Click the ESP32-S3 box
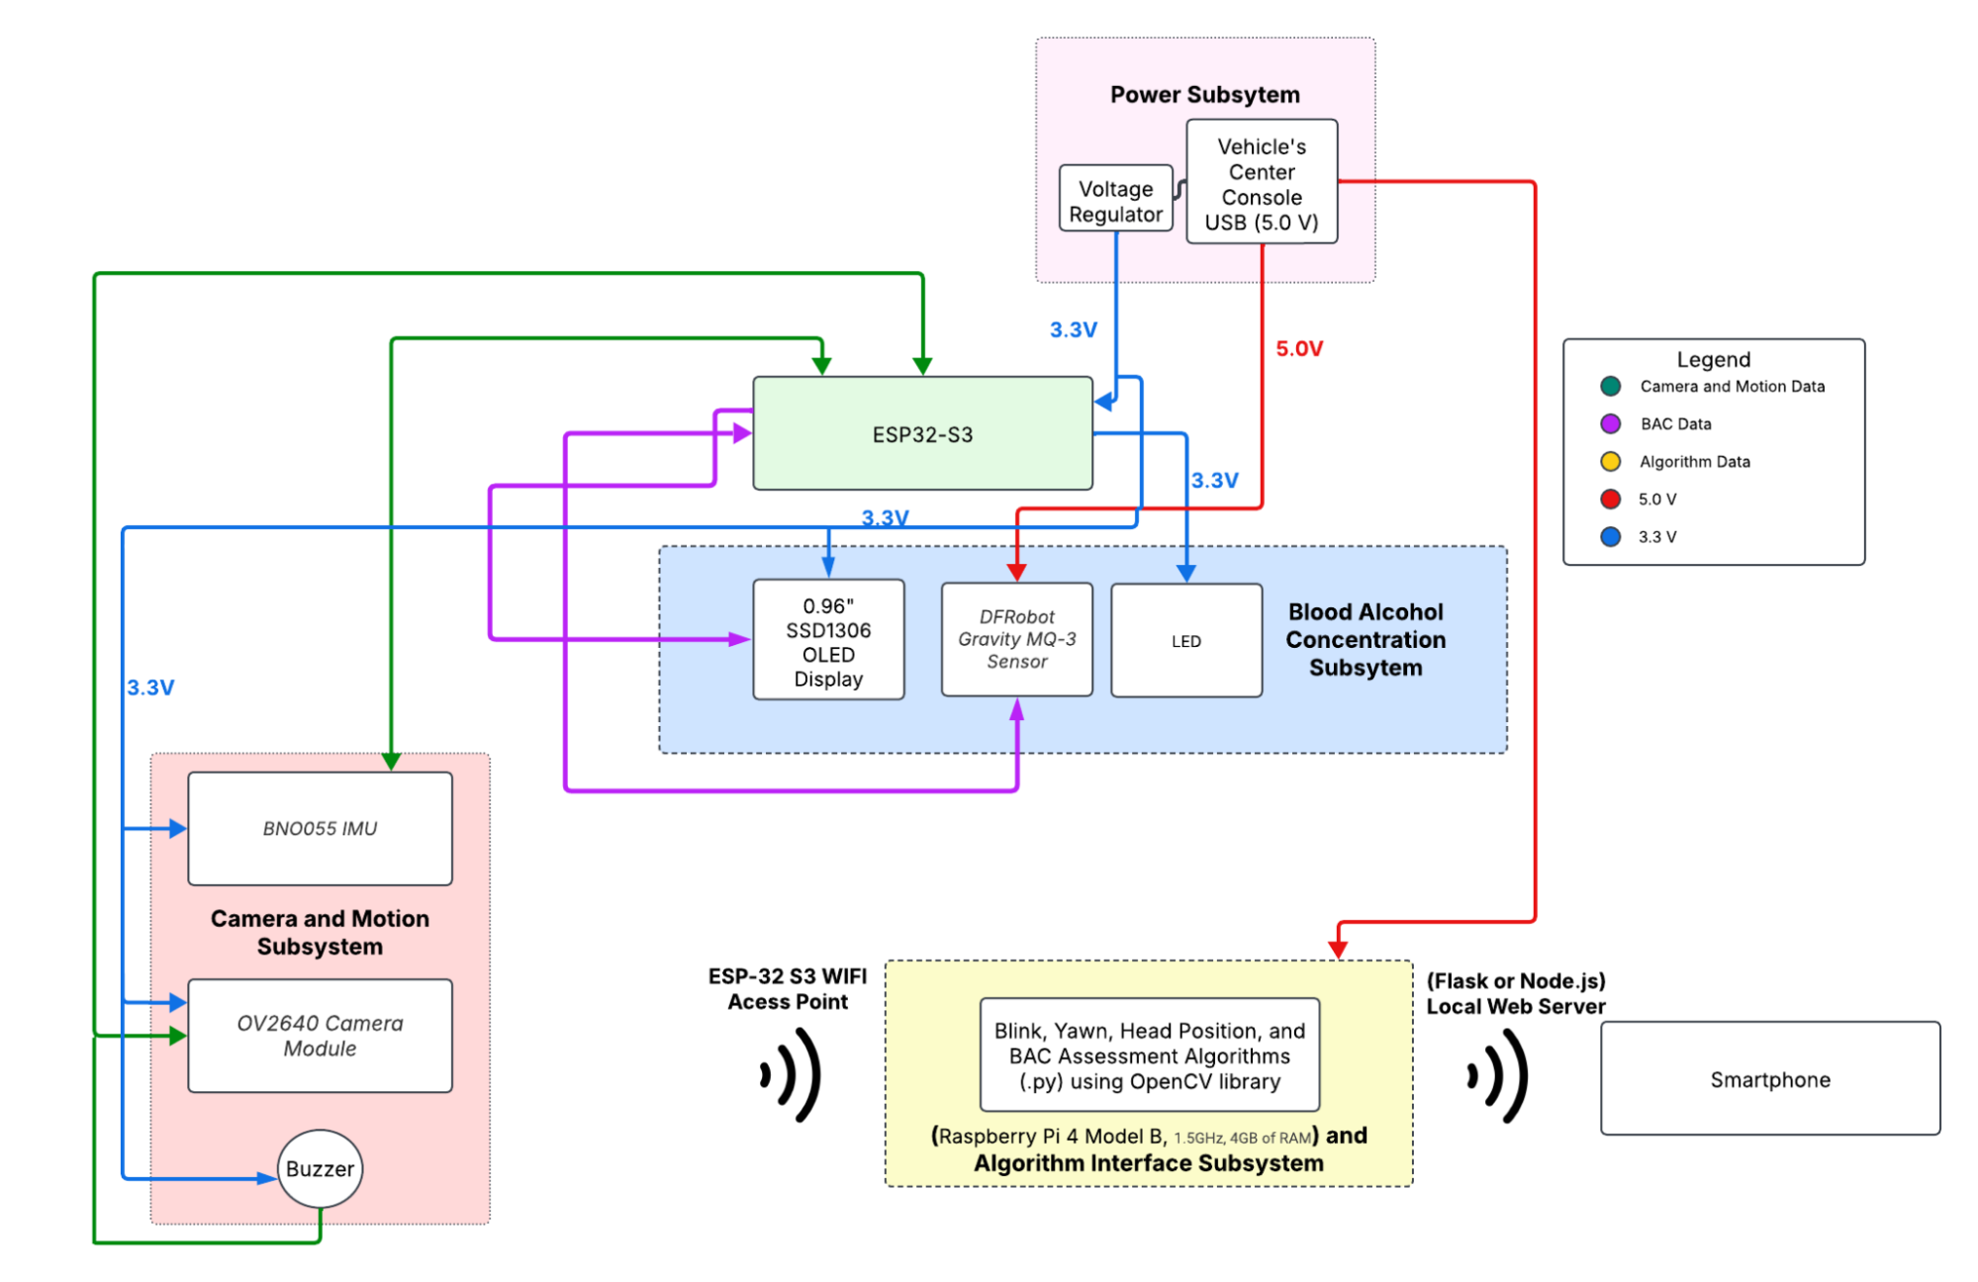click(x=922, y=433)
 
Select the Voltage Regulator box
click(x=1115, y=201)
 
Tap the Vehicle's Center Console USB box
click(x=1262, y=183)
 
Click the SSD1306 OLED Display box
click(x=828, y=641)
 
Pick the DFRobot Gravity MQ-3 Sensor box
click(x=1016, y=640)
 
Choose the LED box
click(x=1185, y=641)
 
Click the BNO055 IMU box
click(x=320, y=829)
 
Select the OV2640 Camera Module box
click(x=320, y=1036)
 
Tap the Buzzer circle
click(x=320, y=1168)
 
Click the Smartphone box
click(x=1769, y=1079)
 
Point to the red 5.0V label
click(x=1298, y=348)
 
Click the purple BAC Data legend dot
click(x=1610, y=423)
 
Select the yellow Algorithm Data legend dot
click(x=1610, y=461)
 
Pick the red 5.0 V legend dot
click(x=1610, y=499)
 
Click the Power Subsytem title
click(x=1204, y=95)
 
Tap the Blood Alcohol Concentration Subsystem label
click(x=1366, y=640)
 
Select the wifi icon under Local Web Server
click(x=1498, y=1075)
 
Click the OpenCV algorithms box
click(x=1149, y=1055)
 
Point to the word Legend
click(x=1713, y=359)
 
